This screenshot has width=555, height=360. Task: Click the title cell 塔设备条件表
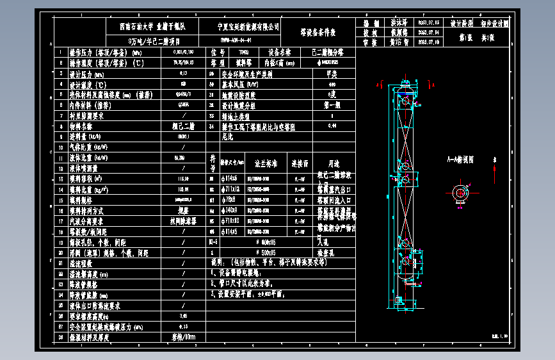tap(318, 31)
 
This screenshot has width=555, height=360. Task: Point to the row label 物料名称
tap(84, 126)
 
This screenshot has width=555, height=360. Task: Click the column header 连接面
tap(300, 163)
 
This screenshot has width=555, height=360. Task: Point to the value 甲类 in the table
tap(332, 74)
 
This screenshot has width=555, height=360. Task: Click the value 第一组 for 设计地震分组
tap(332, 105)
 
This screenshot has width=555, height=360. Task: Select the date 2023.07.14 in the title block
tap(428, 31)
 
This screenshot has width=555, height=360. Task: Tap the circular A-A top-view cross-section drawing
tap(460, 193)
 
